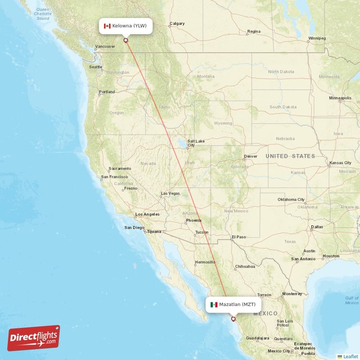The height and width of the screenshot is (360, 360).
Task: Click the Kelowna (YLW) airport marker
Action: click(126, 40)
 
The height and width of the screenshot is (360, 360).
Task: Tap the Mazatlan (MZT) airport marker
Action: click(233, 319)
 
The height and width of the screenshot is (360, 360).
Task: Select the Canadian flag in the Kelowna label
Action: click(107, 26)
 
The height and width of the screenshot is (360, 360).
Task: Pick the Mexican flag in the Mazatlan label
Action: click(214, 305)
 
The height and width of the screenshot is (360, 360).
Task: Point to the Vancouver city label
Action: click(106, 46)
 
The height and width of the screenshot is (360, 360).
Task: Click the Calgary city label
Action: click(177, 24)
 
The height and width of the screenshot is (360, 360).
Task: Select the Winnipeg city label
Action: click(317, 38)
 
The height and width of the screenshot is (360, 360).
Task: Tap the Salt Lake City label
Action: click(196, 143)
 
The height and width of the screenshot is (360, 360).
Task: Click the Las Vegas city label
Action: click(170, 193)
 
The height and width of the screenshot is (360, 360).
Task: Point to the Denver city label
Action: click(250, 157)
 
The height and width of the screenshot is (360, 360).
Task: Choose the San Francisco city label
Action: click(114, 177)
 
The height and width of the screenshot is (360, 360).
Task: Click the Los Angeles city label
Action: click(147, 214)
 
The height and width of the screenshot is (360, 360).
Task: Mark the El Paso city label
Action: click(238, 237)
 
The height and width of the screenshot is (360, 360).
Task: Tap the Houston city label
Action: click(331, 256)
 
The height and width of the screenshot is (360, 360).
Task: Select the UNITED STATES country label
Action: click(290, 156)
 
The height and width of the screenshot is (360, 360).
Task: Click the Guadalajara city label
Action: click(256, 338)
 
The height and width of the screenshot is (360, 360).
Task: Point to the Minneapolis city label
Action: click(340, 98)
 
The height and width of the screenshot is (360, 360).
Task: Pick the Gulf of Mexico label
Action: click(352, 300)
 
